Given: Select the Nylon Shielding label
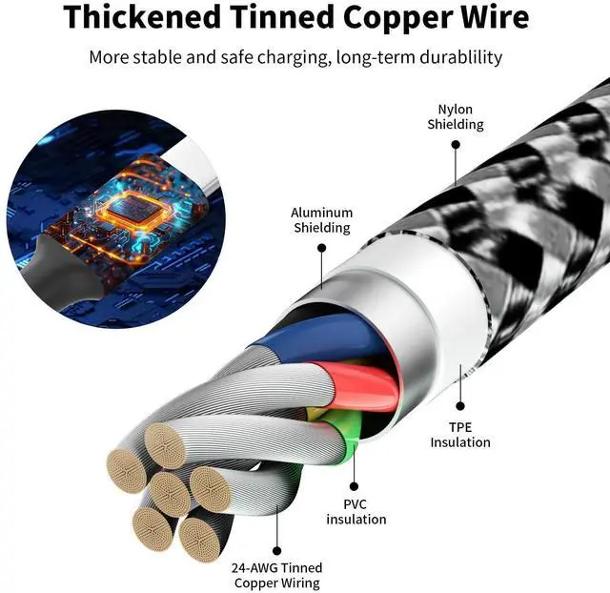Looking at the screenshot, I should (x=455, y=117).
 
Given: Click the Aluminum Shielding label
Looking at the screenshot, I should (x=321, y=220).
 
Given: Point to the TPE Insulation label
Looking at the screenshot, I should (x=460, y=435).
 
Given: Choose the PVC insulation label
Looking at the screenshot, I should (x=356, y=511).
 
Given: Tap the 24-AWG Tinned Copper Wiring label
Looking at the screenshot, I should (x=275, y=575).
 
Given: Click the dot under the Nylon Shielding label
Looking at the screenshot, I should (x=456, y=145).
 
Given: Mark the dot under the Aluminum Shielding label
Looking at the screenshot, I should (x=322, y=248).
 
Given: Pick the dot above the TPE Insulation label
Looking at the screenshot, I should (x=460, y=407).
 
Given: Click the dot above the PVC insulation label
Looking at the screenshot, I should (x=354, y=485).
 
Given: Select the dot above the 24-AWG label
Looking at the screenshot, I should (x=276, y=550).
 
